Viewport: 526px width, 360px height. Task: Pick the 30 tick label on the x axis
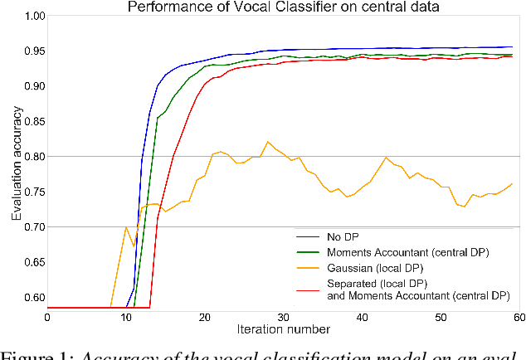point(283,316)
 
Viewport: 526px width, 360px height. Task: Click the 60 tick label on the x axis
point(520,316)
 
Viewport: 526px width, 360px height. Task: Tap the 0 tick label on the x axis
point(46,316)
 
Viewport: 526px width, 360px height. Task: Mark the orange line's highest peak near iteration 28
point(267,142)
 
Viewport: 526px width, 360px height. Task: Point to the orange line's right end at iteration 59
point(512,183)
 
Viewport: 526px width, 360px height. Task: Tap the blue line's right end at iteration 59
point(512,47)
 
